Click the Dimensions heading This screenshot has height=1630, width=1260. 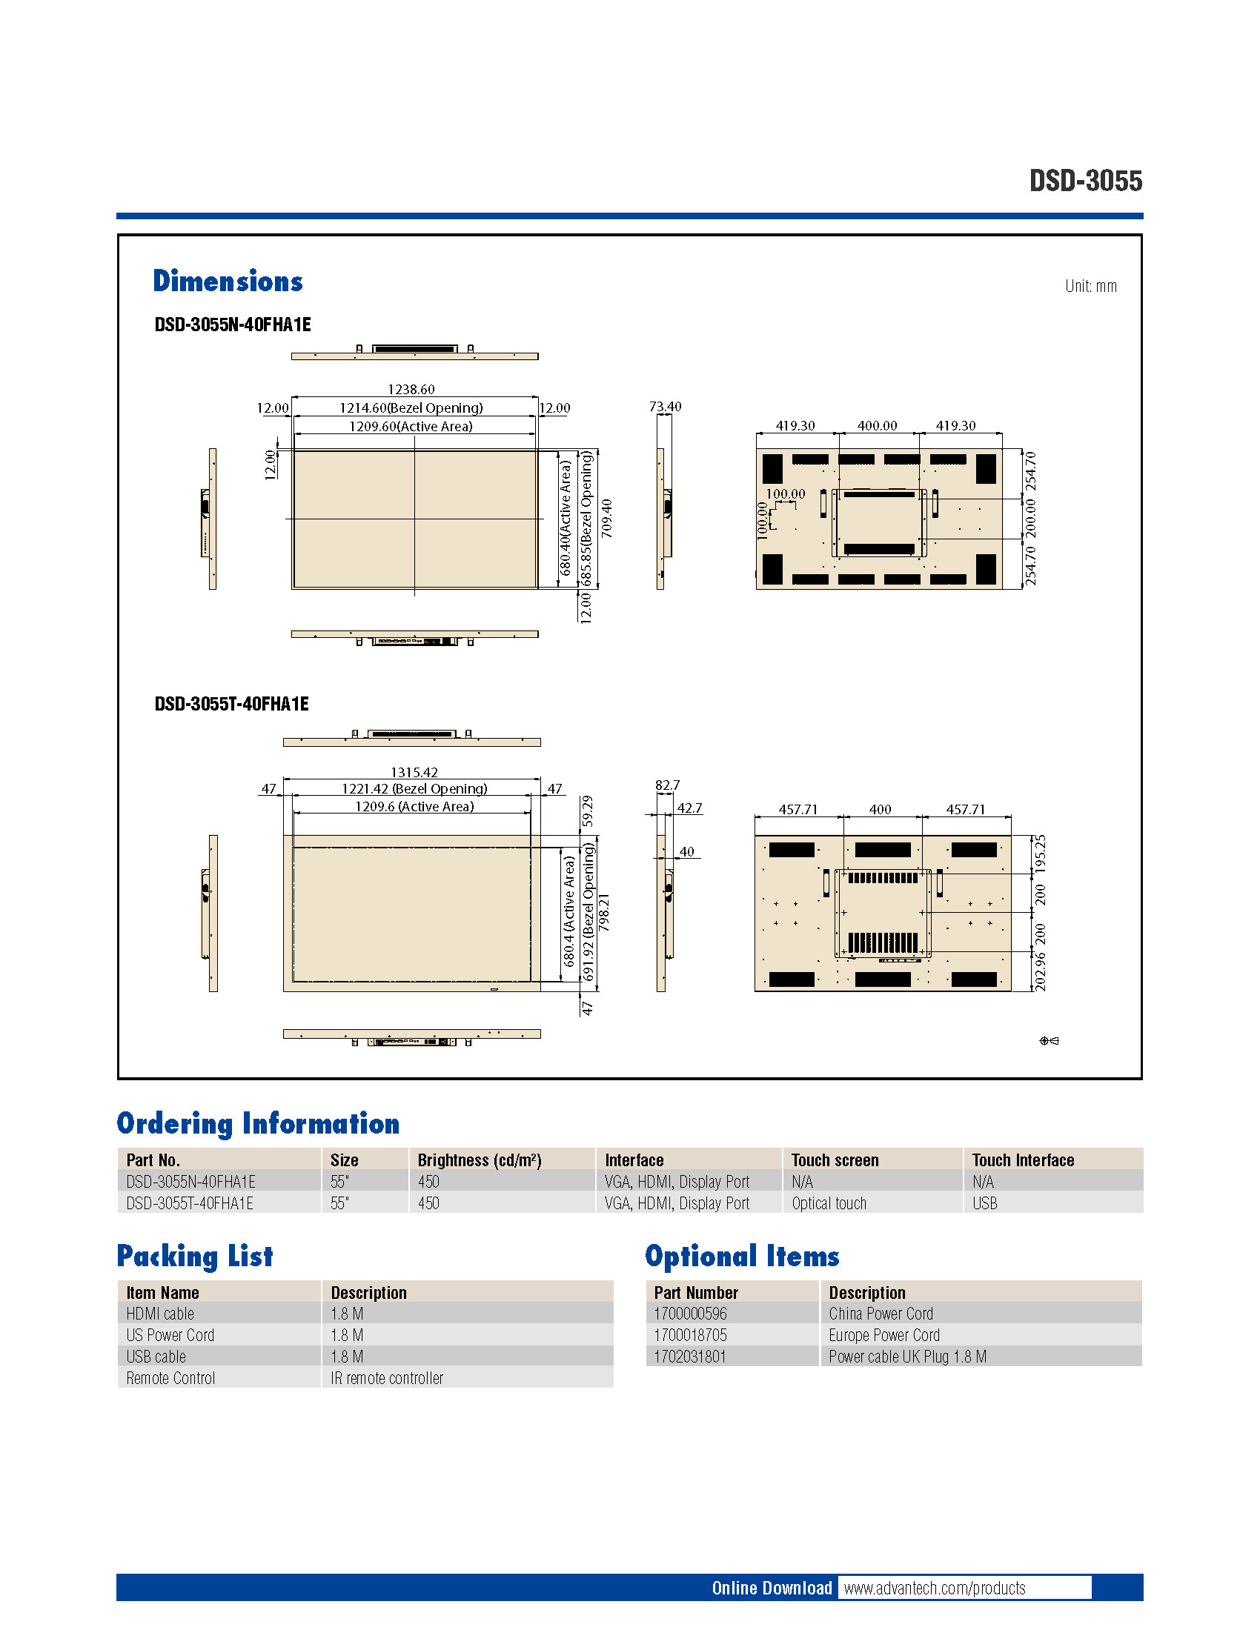(228, 282)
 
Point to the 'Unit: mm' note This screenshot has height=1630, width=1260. (1090, 286)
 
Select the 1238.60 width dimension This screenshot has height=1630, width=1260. (411, 389)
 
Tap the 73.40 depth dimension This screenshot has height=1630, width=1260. (664, 406)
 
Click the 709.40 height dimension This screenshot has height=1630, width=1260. (606, 518)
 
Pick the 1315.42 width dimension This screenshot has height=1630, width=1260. (414, 772)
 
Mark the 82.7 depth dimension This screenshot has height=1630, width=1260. (666, 785)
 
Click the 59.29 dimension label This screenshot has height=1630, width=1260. (588, 811)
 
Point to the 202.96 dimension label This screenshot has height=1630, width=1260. (1040, 971)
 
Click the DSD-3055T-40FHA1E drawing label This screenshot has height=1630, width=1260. (231, 704)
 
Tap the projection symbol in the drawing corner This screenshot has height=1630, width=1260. (1049, 1040)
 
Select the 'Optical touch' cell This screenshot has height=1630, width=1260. (829, 1202)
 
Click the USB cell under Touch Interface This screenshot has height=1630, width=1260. (984, 1202)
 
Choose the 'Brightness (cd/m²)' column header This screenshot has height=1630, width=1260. (480, 1160)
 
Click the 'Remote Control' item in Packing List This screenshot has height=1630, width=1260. (170, 1378)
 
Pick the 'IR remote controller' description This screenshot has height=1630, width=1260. (387, 1378)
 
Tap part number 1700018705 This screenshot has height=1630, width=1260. (690, 1334)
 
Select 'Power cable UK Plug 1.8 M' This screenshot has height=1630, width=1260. (907, 1356)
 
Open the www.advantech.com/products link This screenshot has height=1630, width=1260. (934, 1588)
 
